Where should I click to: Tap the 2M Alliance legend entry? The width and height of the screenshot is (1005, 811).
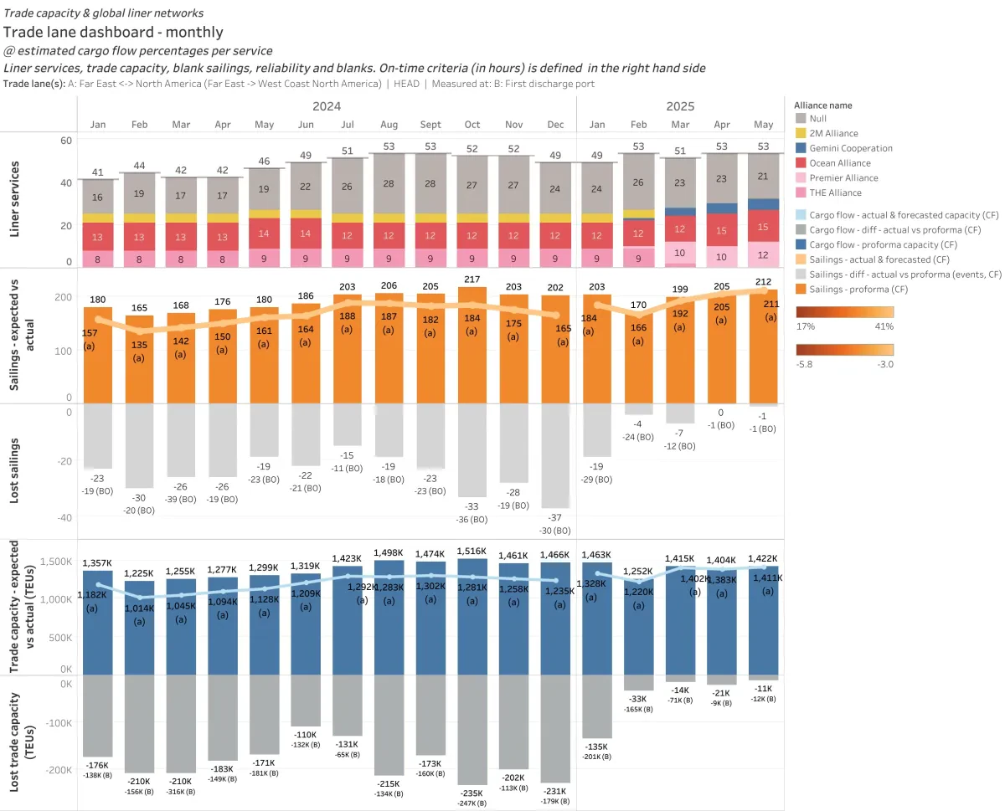click(x=834, y=133)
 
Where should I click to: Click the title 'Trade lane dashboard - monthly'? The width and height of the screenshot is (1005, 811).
click(x=113, y=33)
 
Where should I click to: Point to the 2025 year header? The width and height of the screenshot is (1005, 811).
click(x=680, y=106)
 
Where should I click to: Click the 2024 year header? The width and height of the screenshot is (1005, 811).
click(x=327, y=106)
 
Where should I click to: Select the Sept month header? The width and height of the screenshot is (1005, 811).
click(x=430, y=124)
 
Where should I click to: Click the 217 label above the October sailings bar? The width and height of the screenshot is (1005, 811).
click(x=472, y=279)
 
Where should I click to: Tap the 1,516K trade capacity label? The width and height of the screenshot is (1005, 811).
click(x=472, y=551)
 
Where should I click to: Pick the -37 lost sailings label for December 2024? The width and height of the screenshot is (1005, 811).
click(x=555, y=518)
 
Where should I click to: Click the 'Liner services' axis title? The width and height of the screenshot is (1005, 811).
click(x=15, y=199)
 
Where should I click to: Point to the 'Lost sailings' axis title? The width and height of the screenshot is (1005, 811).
click(x=15, y=471)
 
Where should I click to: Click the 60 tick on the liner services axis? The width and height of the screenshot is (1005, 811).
click(x=65, y=141)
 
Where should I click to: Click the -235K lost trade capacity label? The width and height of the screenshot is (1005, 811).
click(x=472, y=793)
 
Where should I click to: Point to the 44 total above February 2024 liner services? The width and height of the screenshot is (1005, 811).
click(x=139, y=166)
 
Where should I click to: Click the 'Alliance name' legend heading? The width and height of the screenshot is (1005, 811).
click(x=824, y=105)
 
